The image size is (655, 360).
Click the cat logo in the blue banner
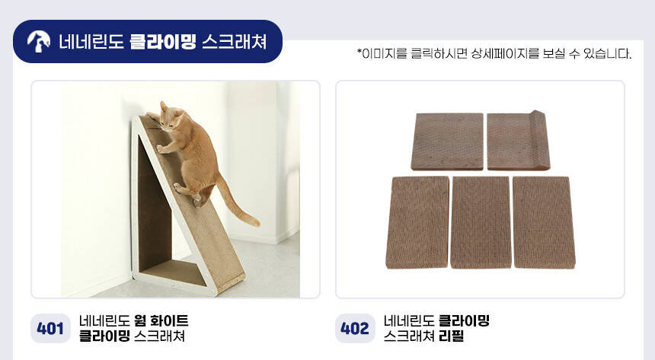click(x=38, y=42)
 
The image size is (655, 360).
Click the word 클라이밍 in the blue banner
click(x=162, y=42)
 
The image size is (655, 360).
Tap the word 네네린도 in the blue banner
click(x=91, y=42)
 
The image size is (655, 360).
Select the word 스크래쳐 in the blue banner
click(x=235, y=42)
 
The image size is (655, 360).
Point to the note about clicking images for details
click(x=494, y=53)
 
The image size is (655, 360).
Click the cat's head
click(x=171, y=116)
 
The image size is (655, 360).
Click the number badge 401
click(x=50, y=328)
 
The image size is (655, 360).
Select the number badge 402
click(x=355, y=328)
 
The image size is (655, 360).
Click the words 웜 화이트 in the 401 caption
click(x=161, y=320)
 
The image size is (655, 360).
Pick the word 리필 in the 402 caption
click(x=452, y=336)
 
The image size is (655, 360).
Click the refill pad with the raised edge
click(x=519, y=140)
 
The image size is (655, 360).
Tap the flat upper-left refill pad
click(x=447, y=142)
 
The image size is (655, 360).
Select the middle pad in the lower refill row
click(x=481, y=222)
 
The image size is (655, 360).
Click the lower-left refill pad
click(x=417, y=222)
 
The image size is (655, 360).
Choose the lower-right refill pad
click(x=544, y=222)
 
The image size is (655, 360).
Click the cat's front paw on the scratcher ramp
click(x=161, y=149)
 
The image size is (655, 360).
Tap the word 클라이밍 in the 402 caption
click(x=464, y=320)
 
